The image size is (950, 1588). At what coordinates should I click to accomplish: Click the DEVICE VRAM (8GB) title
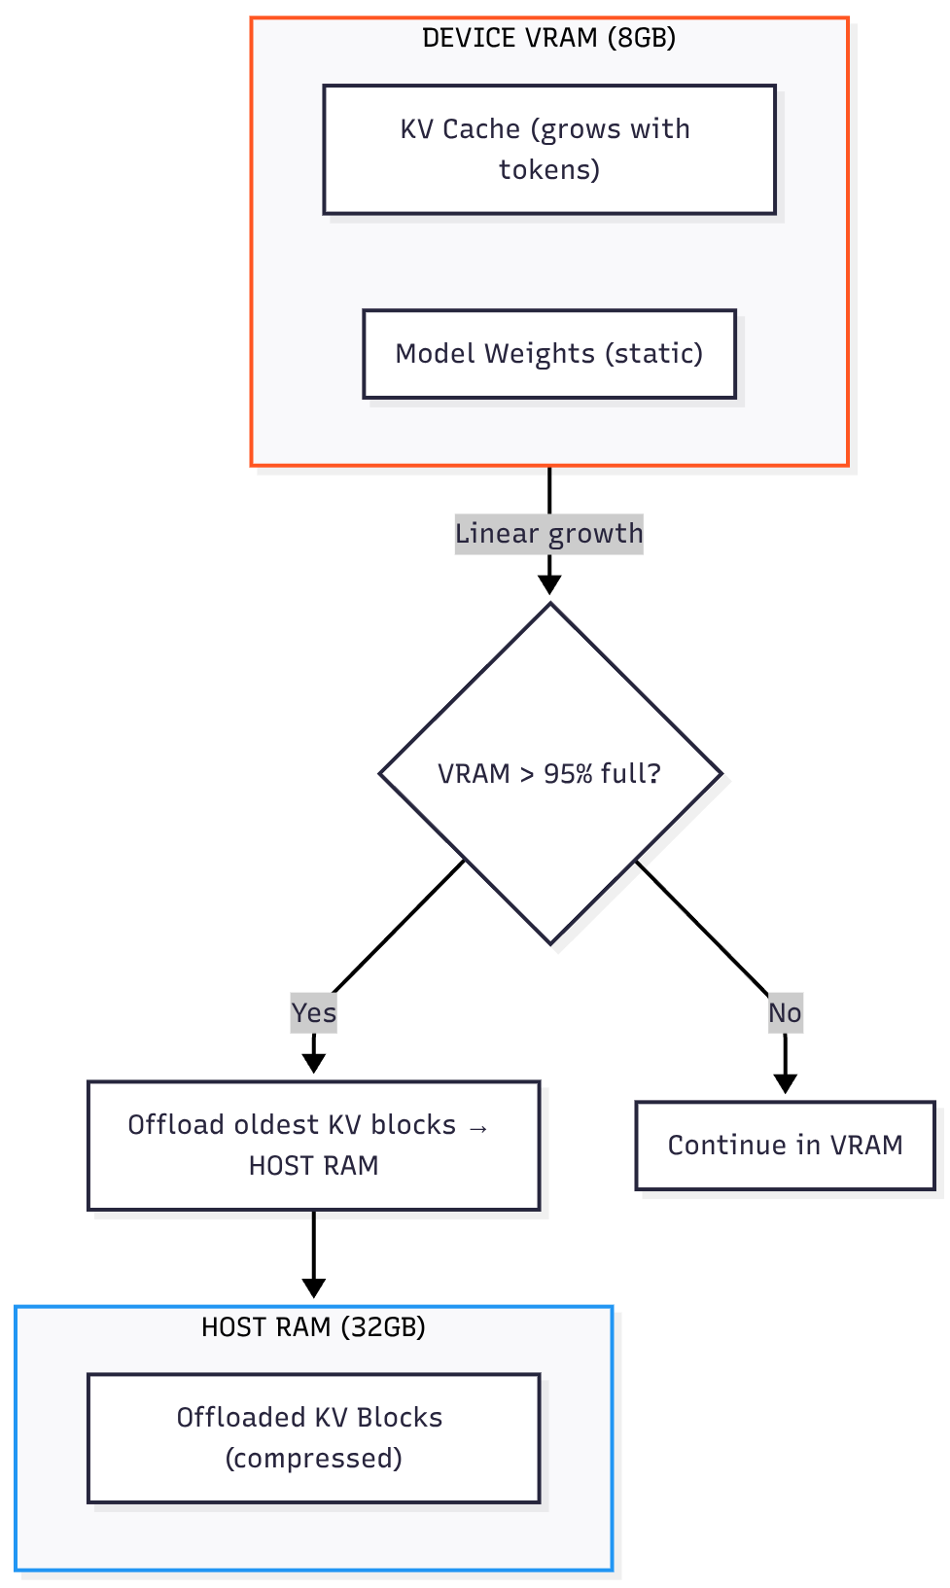548,38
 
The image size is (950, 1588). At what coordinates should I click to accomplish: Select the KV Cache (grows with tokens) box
548,149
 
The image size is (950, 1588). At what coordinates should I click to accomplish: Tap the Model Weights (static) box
548,354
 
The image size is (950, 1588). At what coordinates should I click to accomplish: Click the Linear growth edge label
548,534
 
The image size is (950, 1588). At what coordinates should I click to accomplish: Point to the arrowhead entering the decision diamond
549,584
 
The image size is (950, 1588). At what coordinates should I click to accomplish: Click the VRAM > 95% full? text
549,774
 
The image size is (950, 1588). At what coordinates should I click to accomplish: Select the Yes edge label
313,1013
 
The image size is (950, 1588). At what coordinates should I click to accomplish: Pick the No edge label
785,1013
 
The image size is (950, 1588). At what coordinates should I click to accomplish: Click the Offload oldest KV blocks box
313,1146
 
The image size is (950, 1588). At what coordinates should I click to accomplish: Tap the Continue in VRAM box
785,1146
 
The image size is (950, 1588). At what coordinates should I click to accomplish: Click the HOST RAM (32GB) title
313,1327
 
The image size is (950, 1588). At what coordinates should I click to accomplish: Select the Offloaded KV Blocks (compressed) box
313,1438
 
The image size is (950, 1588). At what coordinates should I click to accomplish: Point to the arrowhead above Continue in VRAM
785,1083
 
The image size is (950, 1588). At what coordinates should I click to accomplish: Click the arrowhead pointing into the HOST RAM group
313,1288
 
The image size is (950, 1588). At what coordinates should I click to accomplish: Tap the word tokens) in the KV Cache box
549,170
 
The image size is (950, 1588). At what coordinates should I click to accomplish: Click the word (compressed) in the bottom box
313,1459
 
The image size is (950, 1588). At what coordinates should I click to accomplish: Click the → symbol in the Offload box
477,1127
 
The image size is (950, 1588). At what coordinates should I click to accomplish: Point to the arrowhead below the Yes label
313,1063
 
